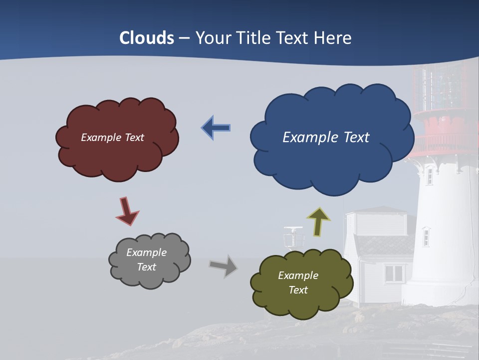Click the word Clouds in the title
147,38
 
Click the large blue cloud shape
332,160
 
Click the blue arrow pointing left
216,127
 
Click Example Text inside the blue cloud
326,137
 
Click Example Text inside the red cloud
112,137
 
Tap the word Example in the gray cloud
146,252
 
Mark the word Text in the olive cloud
298,290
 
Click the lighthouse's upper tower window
429,175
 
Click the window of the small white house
394,273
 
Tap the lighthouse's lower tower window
426,236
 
